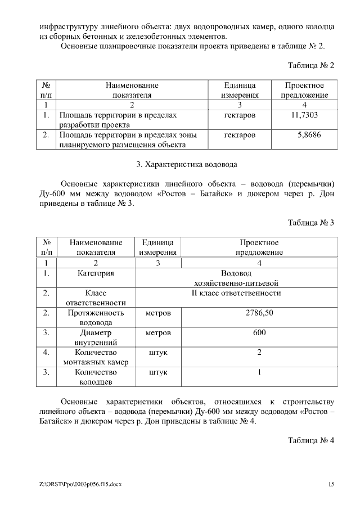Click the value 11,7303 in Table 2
[304, 115]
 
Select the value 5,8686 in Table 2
[309, 135]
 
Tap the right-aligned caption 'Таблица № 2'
[311, 66]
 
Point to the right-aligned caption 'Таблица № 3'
[311, 223]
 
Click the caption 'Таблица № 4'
[311, 440]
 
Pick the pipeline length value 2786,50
[259, 313]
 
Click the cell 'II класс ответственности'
[237, 293]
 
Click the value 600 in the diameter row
[259, 332]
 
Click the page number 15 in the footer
[331, 484]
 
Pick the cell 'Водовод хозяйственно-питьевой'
[236, 278]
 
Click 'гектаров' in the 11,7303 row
[240, 115]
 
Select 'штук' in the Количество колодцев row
[158, 372]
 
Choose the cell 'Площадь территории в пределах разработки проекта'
[118, 120]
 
